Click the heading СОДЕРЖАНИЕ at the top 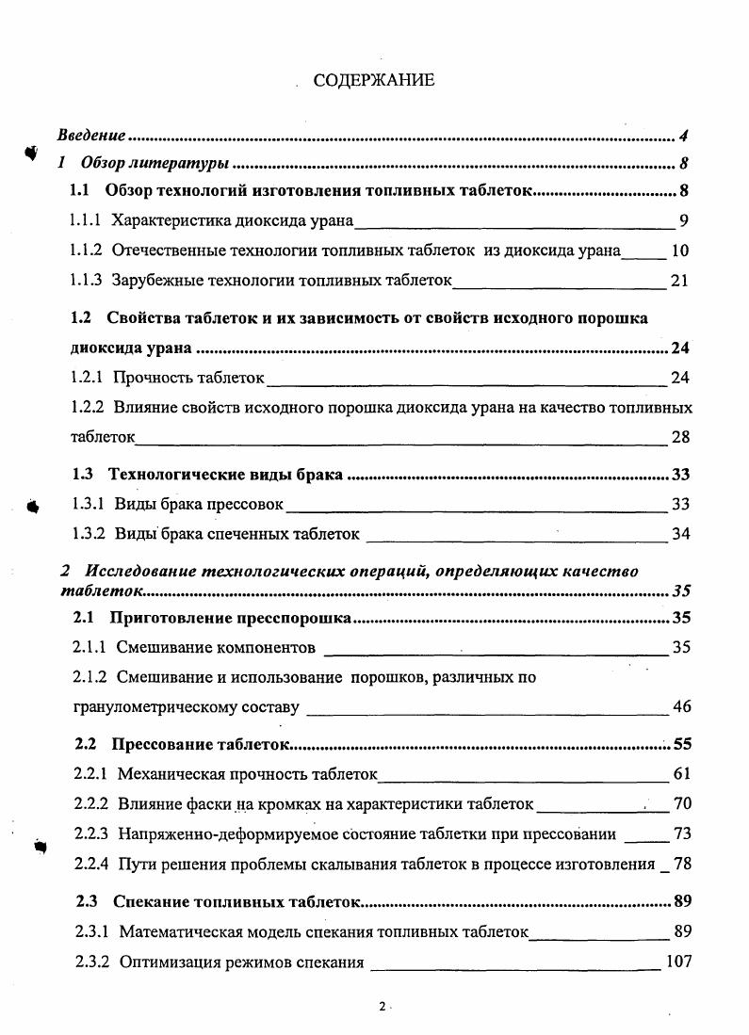(x=374, y=80)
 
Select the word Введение (x=92, y=136)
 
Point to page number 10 (x=680, y=251)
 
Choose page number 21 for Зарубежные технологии (x=680, y=281)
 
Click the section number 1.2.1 (x=89, y=379)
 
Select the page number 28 (x=680, y=437)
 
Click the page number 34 (x=680, y=534)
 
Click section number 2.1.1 (x=90, y=647)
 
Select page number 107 (x=677, y=962)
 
